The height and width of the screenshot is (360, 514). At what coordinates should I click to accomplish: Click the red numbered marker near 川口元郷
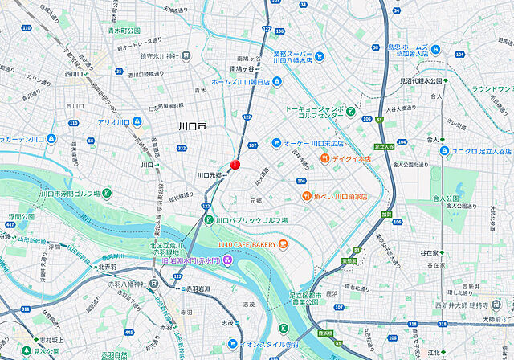(235, 164)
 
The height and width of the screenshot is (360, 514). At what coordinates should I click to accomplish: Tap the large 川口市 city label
(192, 127)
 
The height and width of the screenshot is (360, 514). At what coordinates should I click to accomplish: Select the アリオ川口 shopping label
(113, 122)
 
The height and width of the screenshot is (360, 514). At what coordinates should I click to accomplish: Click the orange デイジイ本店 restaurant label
(351, 159)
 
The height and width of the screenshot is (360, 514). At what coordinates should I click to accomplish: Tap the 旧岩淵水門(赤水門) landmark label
(189, 259)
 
